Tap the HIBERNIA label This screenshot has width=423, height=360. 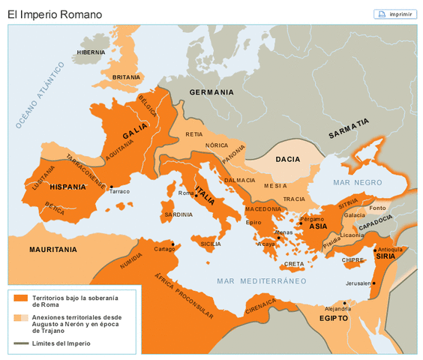point(91,52)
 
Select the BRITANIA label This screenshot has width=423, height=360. point(126,76)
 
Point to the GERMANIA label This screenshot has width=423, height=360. point(211,92)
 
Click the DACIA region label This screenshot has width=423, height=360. point(288,159)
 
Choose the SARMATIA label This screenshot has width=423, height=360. point(349,128)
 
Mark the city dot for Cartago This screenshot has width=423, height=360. point(173,244)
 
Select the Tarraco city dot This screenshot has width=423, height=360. point(111,187)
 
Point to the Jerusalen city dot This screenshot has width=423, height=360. point(373,283)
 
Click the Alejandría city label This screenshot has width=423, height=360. point(337,308)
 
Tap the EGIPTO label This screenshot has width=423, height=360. point(334,318)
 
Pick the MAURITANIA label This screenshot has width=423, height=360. point(52,248)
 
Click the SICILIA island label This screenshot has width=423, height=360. point(211,244)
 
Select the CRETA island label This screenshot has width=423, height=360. point(294,264)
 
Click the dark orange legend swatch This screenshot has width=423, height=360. point(20,298)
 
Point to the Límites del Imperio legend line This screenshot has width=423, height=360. point(20,343)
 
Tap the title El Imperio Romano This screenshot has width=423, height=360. point(55,14)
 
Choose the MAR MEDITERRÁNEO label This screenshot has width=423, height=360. point(262,281)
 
